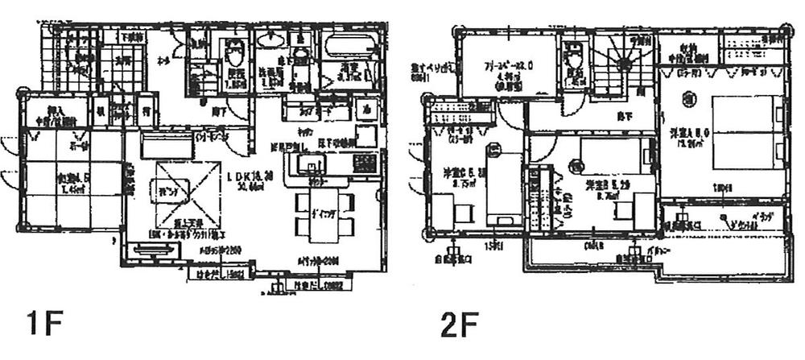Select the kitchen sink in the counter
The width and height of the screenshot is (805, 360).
click(309, 166)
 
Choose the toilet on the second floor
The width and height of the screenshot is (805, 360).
click(574, 57)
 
